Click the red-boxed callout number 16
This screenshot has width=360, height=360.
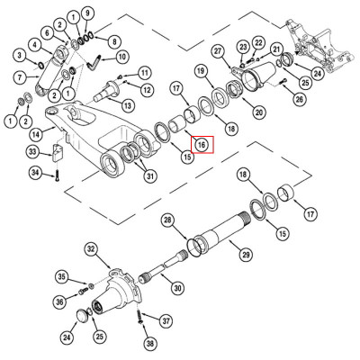(x=202, y=143)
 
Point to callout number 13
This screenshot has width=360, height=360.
(x=129, y=106)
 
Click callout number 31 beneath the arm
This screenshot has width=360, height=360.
(x=150, y=175)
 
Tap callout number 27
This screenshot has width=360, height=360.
(x=218, y=51)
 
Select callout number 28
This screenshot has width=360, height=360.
(x=167, y=220)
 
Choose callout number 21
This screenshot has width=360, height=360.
(x=277, y=49)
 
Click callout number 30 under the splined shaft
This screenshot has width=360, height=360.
(x=178, y=288)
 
